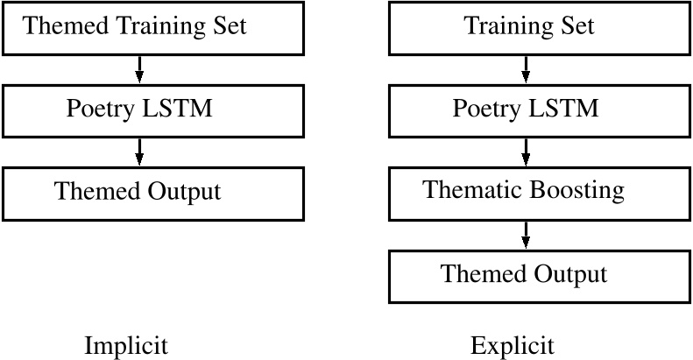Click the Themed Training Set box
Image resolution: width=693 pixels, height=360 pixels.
pos(153,26)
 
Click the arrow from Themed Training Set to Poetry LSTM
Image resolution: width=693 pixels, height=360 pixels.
pos(139,67)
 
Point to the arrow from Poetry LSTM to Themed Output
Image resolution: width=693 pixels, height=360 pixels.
pos(139,151)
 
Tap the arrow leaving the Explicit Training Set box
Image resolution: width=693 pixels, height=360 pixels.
pos(526,67)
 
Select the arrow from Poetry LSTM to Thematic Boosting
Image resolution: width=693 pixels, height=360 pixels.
pos(526,151)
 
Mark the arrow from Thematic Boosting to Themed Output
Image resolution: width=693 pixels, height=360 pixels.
pos(526,234)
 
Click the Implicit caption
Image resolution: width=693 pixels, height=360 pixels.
pos(125,345)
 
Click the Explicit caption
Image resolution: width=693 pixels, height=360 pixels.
pos(512,345)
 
